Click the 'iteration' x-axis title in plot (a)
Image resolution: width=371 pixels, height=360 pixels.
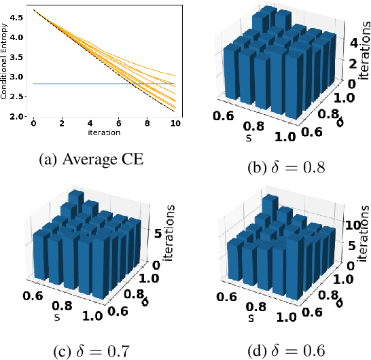click(x=104, y=132)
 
